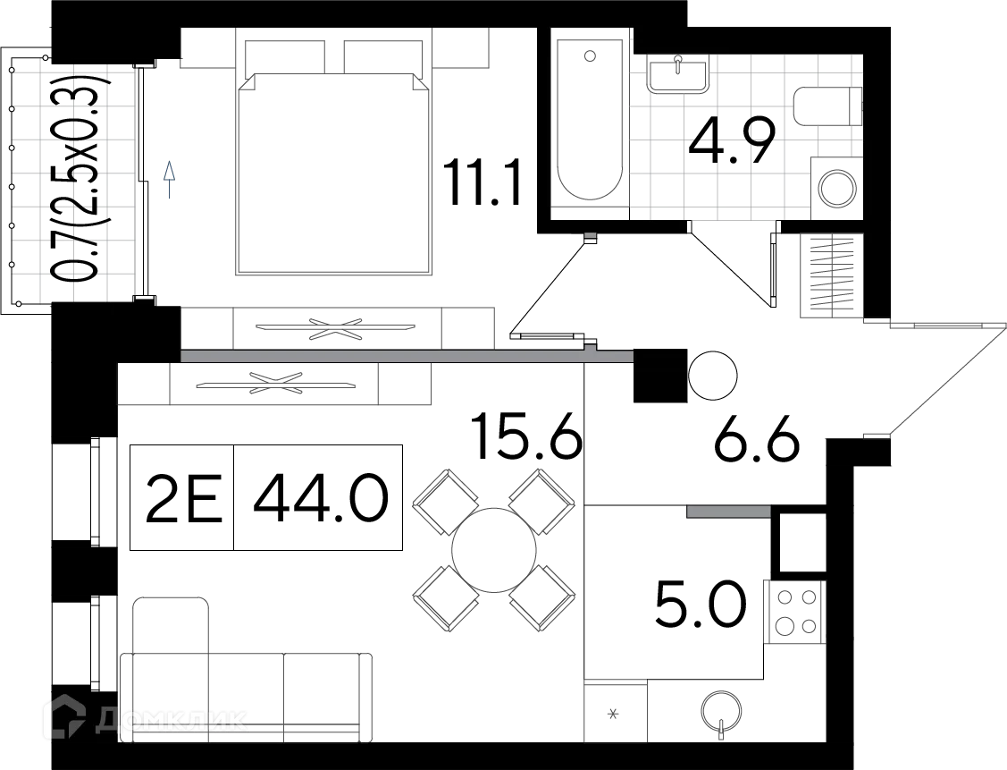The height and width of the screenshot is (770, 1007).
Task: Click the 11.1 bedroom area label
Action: tap(482, 184)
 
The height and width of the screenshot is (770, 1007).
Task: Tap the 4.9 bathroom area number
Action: tap(732, 140)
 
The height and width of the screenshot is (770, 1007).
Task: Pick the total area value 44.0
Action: tap(321, 499)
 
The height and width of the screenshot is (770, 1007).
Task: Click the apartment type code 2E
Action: tap(184, 499)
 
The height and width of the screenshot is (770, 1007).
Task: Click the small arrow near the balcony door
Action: tap(169, 180)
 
